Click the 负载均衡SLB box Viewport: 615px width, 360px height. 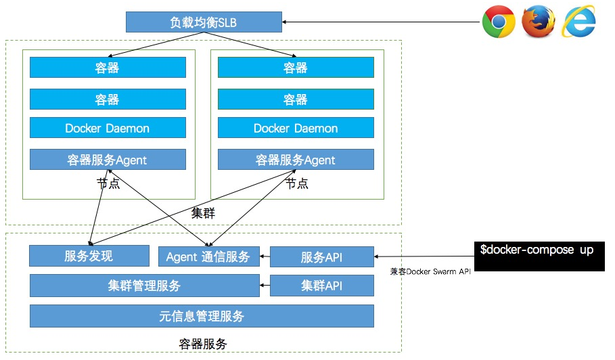pyautogui.click(x=204, y=23)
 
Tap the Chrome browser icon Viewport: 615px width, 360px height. pyautogui.click(x=499, y=22)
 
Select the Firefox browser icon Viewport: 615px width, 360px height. pyautogui.click(x=539, y=22)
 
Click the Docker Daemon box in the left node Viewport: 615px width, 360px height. pyautogui.click(x=108, y=128)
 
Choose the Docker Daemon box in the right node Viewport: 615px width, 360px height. pyautogui.click(x=296, y=128)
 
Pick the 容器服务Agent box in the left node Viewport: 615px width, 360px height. pyautogui.click(x=108, y=160)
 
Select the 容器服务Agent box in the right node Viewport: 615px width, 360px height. pyautogui.click(x=296, y=160)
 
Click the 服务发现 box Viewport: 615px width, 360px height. pyautogui.click(x=89, y=256)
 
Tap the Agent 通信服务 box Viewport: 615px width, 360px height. pyautogui.click(x=208, y=257)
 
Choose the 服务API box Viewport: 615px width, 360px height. pyautogui.click(x=322, y=257)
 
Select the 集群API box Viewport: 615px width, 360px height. pyautogui.click(x=322, y=286)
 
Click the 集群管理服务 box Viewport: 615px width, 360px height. pyautogui.click(x=144, y=286)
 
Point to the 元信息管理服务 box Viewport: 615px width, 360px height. pyautogui.click(x=202, y=316)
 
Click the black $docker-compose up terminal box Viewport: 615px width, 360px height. pyautogui.click(x=537, y=256)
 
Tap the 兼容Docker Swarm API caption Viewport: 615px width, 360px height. pyautogui.click(x=430, y=271)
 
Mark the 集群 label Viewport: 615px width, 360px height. pyautogui.click(x=203, y=212)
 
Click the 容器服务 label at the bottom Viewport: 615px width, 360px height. pyautogui.click(x=203, y=344)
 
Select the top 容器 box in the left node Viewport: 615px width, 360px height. pyautogui.click(x=108, y=67)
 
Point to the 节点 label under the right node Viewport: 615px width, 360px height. pyautogui.click(x=296, y=183)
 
